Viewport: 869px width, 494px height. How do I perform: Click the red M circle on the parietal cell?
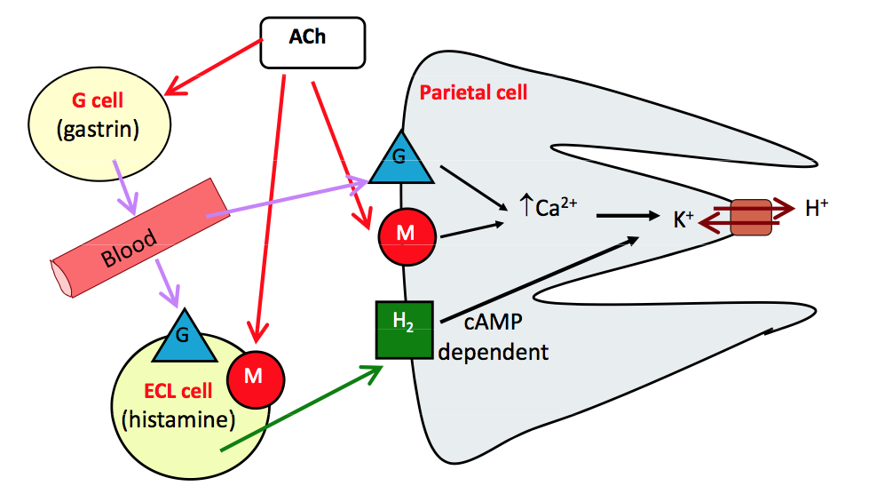[407, 233]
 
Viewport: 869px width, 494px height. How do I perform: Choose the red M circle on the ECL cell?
[255, 376]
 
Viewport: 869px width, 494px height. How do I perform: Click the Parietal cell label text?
[473, 92]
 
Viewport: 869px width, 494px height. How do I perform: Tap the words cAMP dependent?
[494, 339]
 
